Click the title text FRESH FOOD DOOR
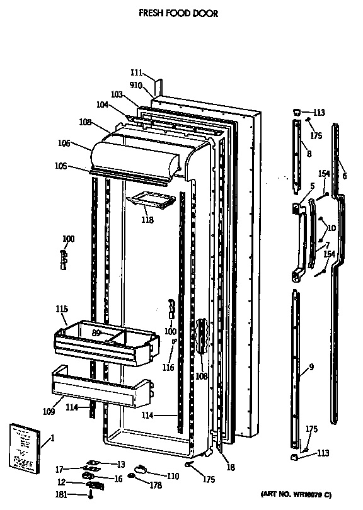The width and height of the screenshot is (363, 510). pyautogui.click(x=178, y=13)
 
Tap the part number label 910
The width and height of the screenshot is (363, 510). pyautogui.click(x=137, y=85)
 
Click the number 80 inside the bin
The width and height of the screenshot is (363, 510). pyautogui.click(x=96, y=333)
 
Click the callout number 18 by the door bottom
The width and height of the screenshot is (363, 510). pyautogui.click(x=231, y=467)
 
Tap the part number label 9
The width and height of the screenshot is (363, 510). pyautogui.click(x=311, y=367)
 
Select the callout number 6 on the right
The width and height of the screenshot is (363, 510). pyautogui.click(x=345, y=177)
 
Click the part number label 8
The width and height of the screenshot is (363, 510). pyautogui.click(x=308, y=153)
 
